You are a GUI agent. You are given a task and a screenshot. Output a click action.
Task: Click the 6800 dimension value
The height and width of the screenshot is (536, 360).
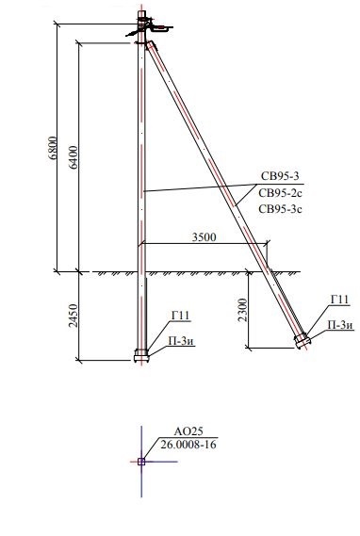pos(53,148)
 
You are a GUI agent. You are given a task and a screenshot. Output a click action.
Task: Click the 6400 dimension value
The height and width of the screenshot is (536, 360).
pos(74,157)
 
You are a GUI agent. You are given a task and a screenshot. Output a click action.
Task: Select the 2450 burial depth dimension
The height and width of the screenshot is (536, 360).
pos(74,316)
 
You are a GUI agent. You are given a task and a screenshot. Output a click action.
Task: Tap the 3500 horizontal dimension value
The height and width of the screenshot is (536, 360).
pos(205,236)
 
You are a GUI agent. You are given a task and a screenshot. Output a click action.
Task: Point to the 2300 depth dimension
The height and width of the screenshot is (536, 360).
pos(243,310)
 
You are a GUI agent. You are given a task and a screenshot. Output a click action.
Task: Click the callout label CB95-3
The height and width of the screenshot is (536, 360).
pos(280,176)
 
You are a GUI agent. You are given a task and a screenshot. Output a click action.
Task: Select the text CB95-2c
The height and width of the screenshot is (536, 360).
pos(280,193)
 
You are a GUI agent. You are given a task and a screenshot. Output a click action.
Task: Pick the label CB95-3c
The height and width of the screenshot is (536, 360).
pos(280,209)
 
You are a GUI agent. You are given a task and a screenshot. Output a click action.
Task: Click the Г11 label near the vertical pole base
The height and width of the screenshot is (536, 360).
pos(180,316)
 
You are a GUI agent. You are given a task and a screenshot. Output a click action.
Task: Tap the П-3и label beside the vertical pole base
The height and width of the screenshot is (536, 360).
pos(181,341)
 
